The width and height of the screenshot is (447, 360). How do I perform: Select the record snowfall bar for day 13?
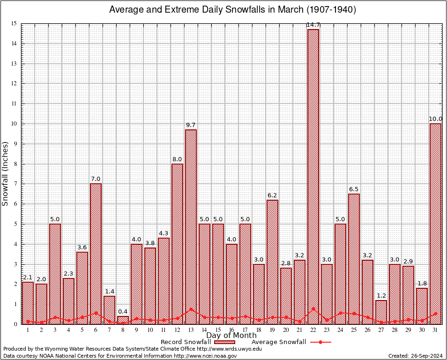tap(191, 225)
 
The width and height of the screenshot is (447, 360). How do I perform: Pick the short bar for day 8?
tap(123, 320)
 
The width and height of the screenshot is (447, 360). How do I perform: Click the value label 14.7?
tap(313, 24)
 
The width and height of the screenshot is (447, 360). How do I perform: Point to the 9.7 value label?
tap(191, 125)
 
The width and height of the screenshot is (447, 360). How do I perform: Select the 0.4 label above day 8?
tap(123, 311)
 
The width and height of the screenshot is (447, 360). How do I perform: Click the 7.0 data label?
tap(96, 179)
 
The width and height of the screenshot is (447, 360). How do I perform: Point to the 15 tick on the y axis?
tap(14, 23)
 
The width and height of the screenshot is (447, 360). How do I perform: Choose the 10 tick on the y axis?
tap(14, 124)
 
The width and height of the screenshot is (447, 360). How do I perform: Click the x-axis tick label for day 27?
tap(381, 330)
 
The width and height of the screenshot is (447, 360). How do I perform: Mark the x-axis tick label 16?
tap(231, 330)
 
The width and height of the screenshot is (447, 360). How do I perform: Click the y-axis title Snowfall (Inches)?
tap(6, 173)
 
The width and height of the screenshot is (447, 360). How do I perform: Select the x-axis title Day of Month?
tap(231, 336)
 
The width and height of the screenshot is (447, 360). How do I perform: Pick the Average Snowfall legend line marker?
tap(320, 342)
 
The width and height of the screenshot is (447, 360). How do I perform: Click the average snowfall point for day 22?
tap(313, 309)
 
